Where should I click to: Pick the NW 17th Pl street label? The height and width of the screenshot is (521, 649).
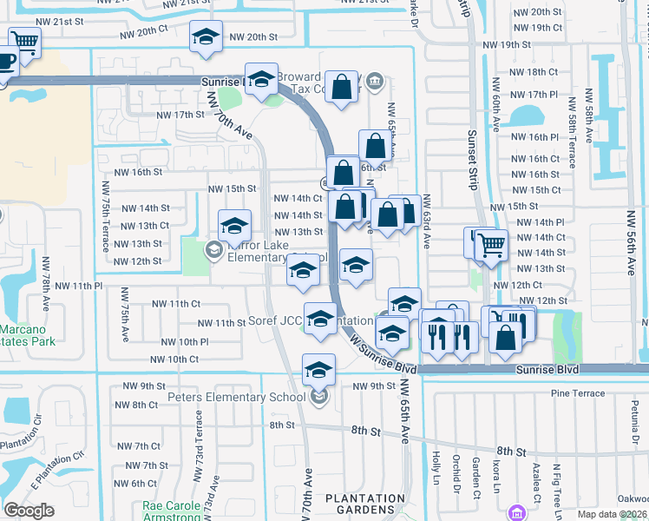pyautogui.click(x=534, y=94)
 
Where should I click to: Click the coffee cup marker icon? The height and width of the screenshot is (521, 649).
pyautogui.click(x=6, y=61)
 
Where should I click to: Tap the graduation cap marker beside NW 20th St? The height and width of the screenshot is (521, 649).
pyautogui.click(x=206, y=36)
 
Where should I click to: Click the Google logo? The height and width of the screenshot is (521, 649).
pyautogui.click(x=29, y=511)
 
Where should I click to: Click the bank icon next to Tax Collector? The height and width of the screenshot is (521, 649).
pyautogui.click(x=374, y=82)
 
